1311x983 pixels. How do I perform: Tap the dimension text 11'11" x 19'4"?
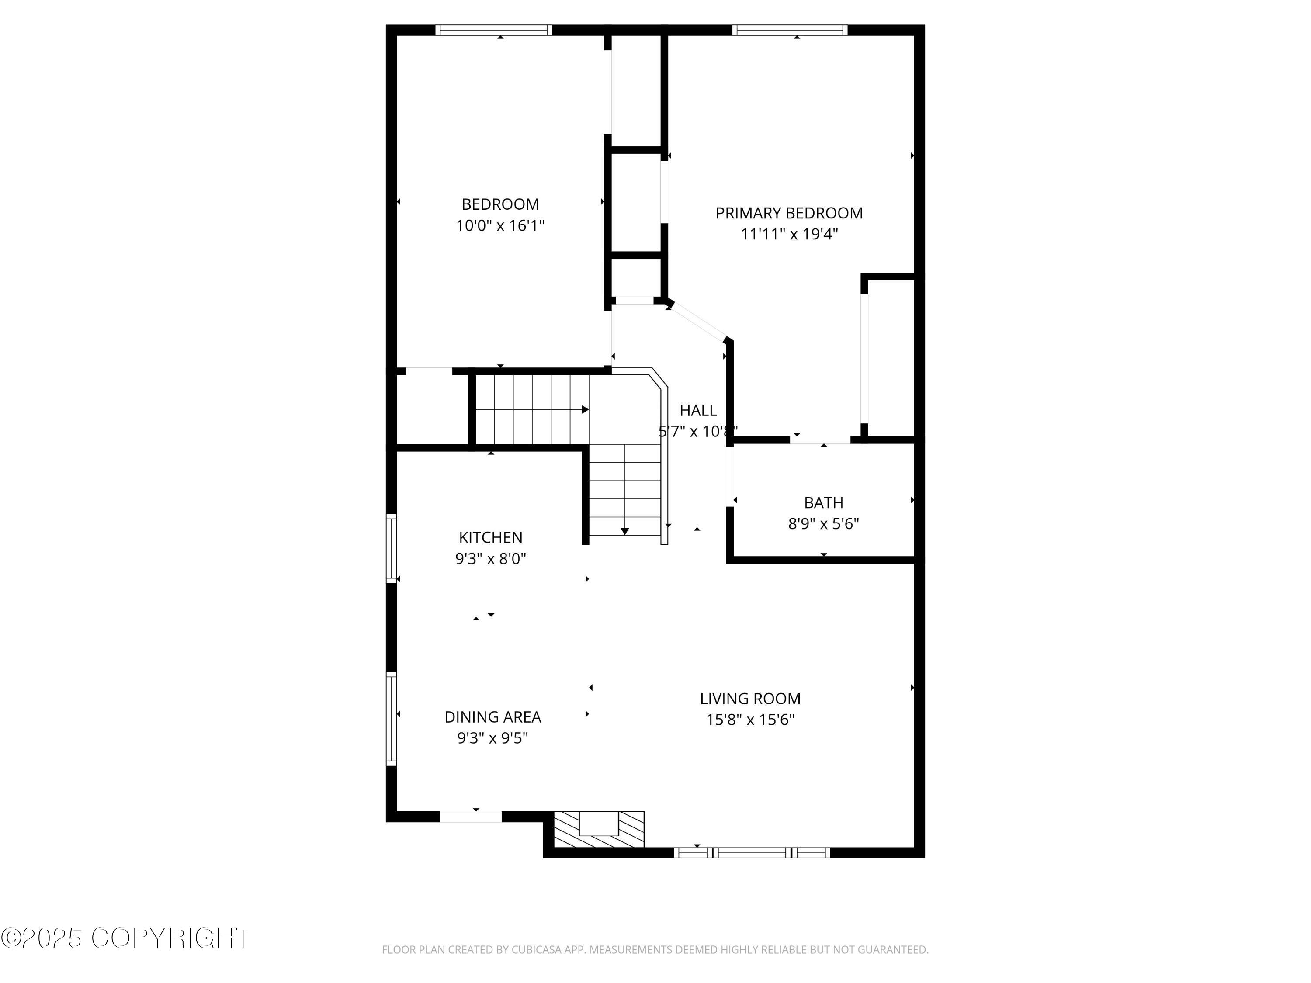coord(789,234)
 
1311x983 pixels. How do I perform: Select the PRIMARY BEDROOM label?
coord(789,213)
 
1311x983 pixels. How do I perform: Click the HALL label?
coord(697,410)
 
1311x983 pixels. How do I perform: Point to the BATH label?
coord(823,502)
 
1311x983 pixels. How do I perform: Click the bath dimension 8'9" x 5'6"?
coord(823,524)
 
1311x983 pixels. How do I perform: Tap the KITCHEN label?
coord(490,537)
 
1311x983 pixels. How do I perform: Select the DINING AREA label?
coord(492,717)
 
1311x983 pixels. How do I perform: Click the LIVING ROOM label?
coord(750,699)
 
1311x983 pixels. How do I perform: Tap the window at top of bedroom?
coord(493,30)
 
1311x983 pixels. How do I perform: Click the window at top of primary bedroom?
coord(790,30)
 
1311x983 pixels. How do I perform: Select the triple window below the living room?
coord(752,853)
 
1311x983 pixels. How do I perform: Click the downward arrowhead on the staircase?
coord(624,531)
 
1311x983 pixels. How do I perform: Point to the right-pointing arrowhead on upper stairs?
coord(585,409)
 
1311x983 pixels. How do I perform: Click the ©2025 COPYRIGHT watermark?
coord(126,938)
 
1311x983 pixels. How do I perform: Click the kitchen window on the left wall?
coord(391,548)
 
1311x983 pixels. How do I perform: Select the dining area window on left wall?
coord(391,719)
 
